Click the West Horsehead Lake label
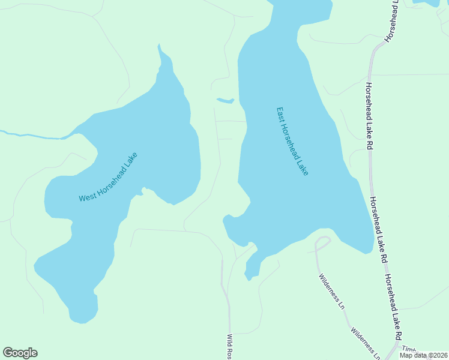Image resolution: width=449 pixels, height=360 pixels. [x=109, y=178]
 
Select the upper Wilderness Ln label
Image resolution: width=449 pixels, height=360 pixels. [x=332, y=291]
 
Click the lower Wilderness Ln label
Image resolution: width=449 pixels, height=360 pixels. [x=365, y=343]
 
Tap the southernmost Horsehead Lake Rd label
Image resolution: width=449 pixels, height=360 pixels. [x=394, y=306]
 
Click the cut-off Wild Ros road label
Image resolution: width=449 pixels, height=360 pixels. [x=229, y=347]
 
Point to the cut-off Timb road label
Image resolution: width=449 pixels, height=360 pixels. [x=408, y=349]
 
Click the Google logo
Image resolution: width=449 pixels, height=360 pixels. [x=20, y=353]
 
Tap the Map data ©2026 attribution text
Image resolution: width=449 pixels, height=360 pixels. [x=424, y=355]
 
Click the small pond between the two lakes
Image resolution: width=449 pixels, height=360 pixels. [x=225, y=100]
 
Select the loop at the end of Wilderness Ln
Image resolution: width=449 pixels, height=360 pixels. [x=323, y=243]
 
